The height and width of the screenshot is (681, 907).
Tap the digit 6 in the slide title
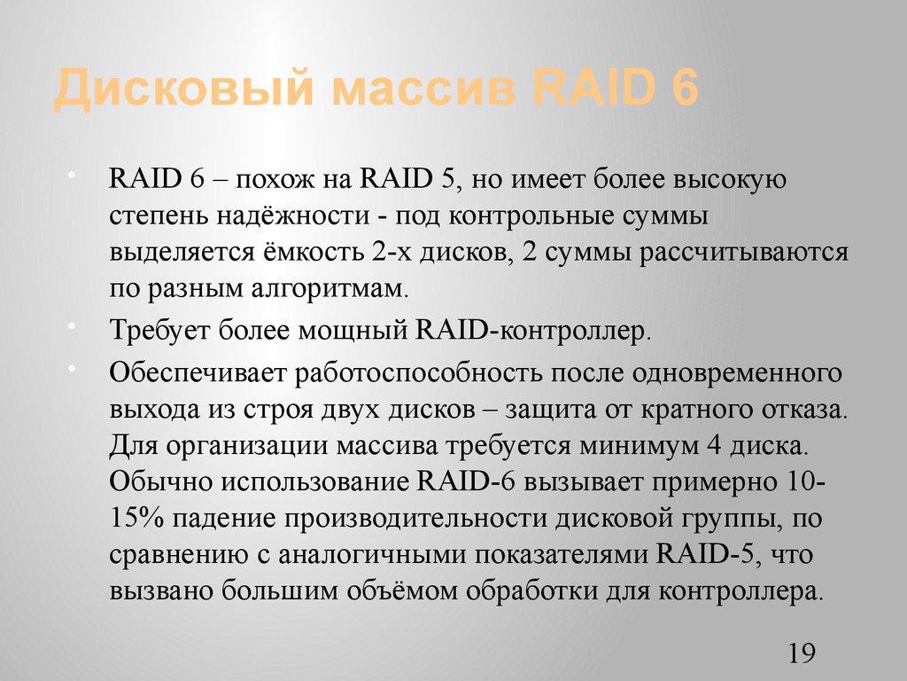684,92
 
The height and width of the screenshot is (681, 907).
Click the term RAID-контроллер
531,333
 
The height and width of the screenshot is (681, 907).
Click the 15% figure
136,520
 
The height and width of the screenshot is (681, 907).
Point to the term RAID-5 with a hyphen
706,556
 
